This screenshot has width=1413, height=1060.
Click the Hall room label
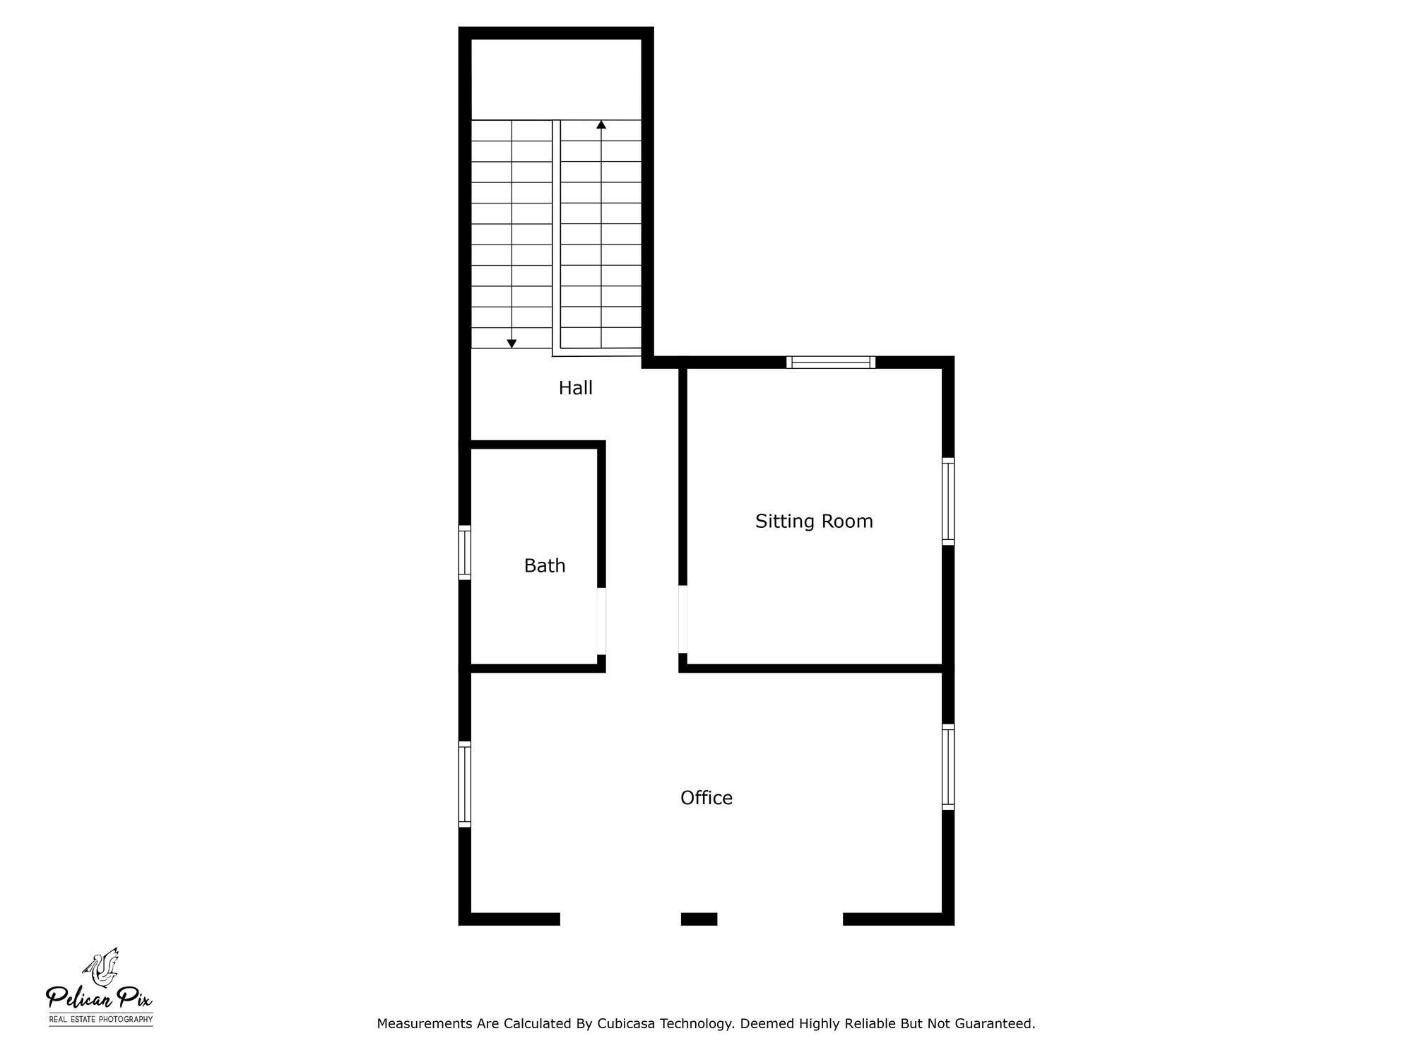pos(575,388)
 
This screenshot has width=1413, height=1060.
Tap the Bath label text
pos(545,565)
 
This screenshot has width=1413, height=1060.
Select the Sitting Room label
pos(814,522)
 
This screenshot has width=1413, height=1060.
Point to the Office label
pos(706,798)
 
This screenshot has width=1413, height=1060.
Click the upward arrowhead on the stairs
pos(601,124)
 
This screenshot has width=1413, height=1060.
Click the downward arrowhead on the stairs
pos(512,343)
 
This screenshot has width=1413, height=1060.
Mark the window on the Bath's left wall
pos(465,553)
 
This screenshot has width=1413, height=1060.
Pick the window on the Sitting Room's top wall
pos(831,363)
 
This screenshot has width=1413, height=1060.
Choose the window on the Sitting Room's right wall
pos(948,501)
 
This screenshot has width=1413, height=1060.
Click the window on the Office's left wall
pos(465,784)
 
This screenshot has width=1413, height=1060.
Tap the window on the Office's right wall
pos(948,767)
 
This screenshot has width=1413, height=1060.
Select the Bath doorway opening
pos(601,621)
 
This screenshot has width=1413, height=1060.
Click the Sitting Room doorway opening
pos(682,619)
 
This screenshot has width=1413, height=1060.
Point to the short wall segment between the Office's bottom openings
pos(699,919)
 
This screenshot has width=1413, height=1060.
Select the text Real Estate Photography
pos(101,1020)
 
